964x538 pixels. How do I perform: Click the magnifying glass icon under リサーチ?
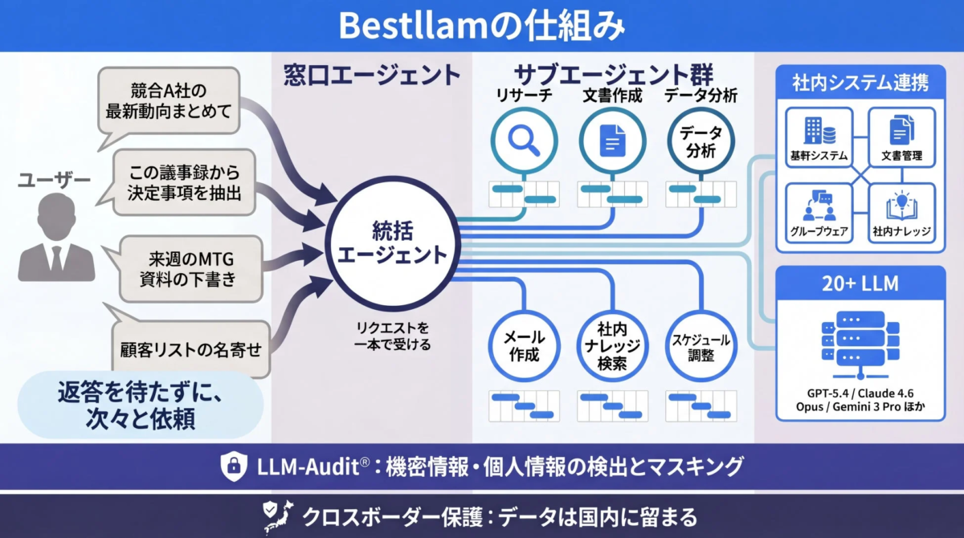[525, 141]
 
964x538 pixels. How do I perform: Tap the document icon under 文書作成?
[612, 141]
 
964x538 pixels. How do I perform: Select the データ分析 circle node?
[700, 141]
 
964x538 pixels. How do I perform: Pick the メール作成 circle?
[525, 345]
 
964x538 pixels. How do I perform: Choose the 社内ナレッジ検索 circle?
[612, 345]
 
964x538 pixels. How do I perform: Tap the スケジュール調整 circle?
[700, 345]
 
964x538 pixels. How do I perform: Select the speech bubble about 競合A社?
[169, 101]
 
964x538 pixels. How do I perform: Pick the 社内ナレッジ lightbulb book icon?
[901, 207]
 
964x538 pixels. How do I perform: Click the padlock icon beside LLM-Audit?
[232, 465]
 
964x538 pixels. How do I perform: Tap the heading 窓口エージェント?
[372, 75]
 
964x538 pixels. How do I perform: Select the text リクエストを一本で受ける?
[393, 336]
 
